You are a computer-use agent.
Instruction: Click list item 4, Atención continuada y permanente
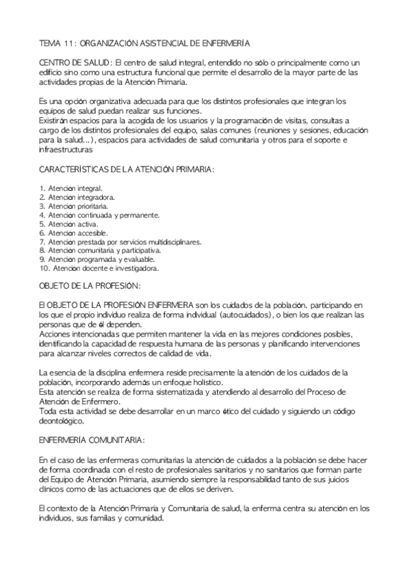(x=99, y=214)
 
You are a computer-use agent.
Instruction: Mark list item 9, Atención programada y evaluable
(x=97, y=259)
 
